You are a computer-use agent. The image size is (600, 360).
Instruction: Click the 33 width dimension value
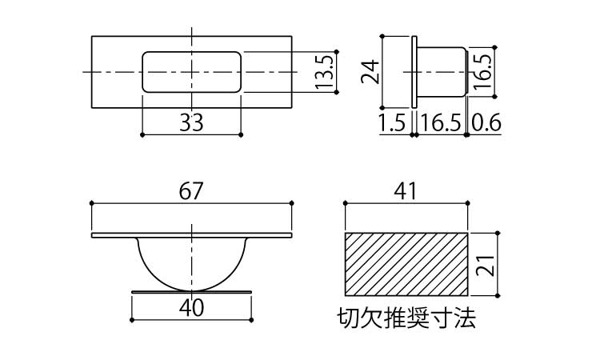pos(191,122)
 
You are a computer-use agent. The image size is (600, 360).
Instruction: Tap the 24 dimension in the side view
pos(370,72)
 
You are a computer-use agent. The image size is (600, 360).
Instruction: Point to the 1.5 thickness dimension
pos(392,123)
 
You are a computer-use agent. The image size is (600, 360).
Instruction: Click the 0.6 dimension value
pos(486,123)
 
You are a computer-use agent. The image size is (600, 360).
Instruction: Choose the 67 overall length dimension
pos(190,191)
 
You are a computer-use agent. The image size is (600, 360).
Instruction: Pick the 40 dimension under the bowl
pos(191,307)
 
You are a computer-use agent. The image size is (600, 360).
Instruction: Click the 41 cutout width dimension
pos(406,191)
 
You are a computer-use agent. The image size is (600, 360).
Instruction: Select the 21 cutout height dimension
pos(486,265)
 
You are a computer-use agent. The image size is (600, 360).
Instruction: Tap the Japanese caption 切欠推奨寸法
pos(406,318)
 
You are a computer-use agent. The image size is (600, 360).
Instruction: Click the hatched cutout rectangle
pos(406,264)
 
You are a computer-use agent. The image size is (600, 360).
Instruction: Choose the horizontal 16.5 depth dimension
pos(441,123)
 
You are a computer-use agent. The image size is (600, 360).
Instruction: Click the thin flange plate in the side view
pos(414,72)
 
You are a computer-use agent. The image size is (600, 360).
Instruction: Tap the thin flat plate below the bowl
pos(191,292)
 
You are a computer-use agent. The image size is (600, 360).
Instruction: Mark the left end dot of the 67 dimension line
pos(91,202)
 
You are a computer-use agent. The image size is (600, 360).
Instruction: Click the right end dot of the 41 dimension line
pos(468,202)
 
